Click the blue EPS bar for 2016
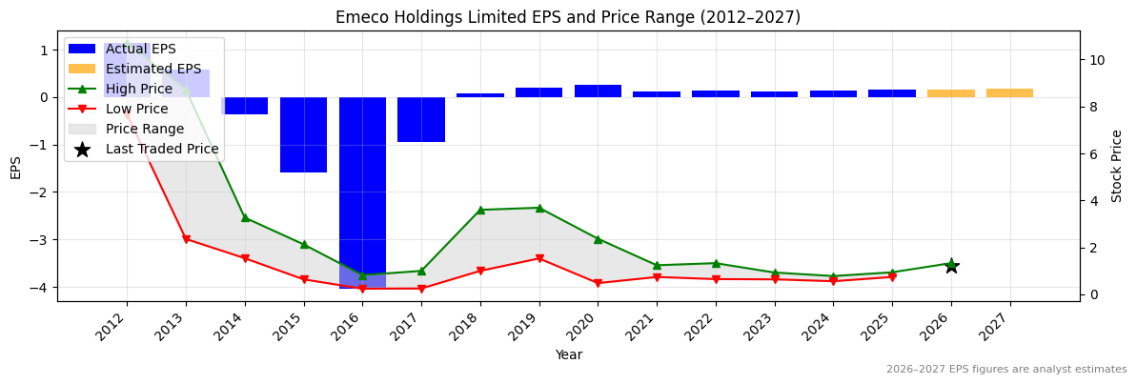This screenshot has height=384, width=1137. [362, 191]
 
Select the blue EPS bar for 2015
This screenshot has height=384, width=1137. [304, 134]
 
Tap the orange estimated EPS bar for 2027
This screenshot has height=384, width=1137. [1009, 92]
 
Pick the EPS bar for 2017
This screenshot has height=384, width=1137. [421, 119]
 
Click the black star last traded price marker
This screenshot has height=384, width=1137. [951, 266]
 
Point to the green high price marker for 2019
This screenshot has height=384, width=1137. [539, 208]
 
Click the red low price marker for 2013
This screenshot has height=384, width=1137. [186, 239]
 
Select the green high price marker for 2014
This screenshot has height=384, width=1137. [245, 218]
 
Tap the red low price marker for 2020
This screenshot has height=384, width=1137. [598, 283]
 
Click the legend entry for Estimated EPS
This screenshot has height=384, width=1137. [153, 69]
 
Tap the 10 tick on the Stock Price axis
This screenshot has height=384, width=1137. [1096, 60]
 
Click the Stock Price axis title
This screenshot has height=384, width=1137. [1117, 166]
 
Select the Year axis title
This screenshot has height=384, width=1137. [568, 355]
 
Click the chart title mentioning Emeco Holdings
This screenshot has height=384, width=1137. [568, 17]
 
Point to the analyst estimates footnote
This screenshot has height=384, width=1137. [1006, 370]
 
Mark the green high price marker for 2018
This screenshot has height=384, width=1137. [480, 210]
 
